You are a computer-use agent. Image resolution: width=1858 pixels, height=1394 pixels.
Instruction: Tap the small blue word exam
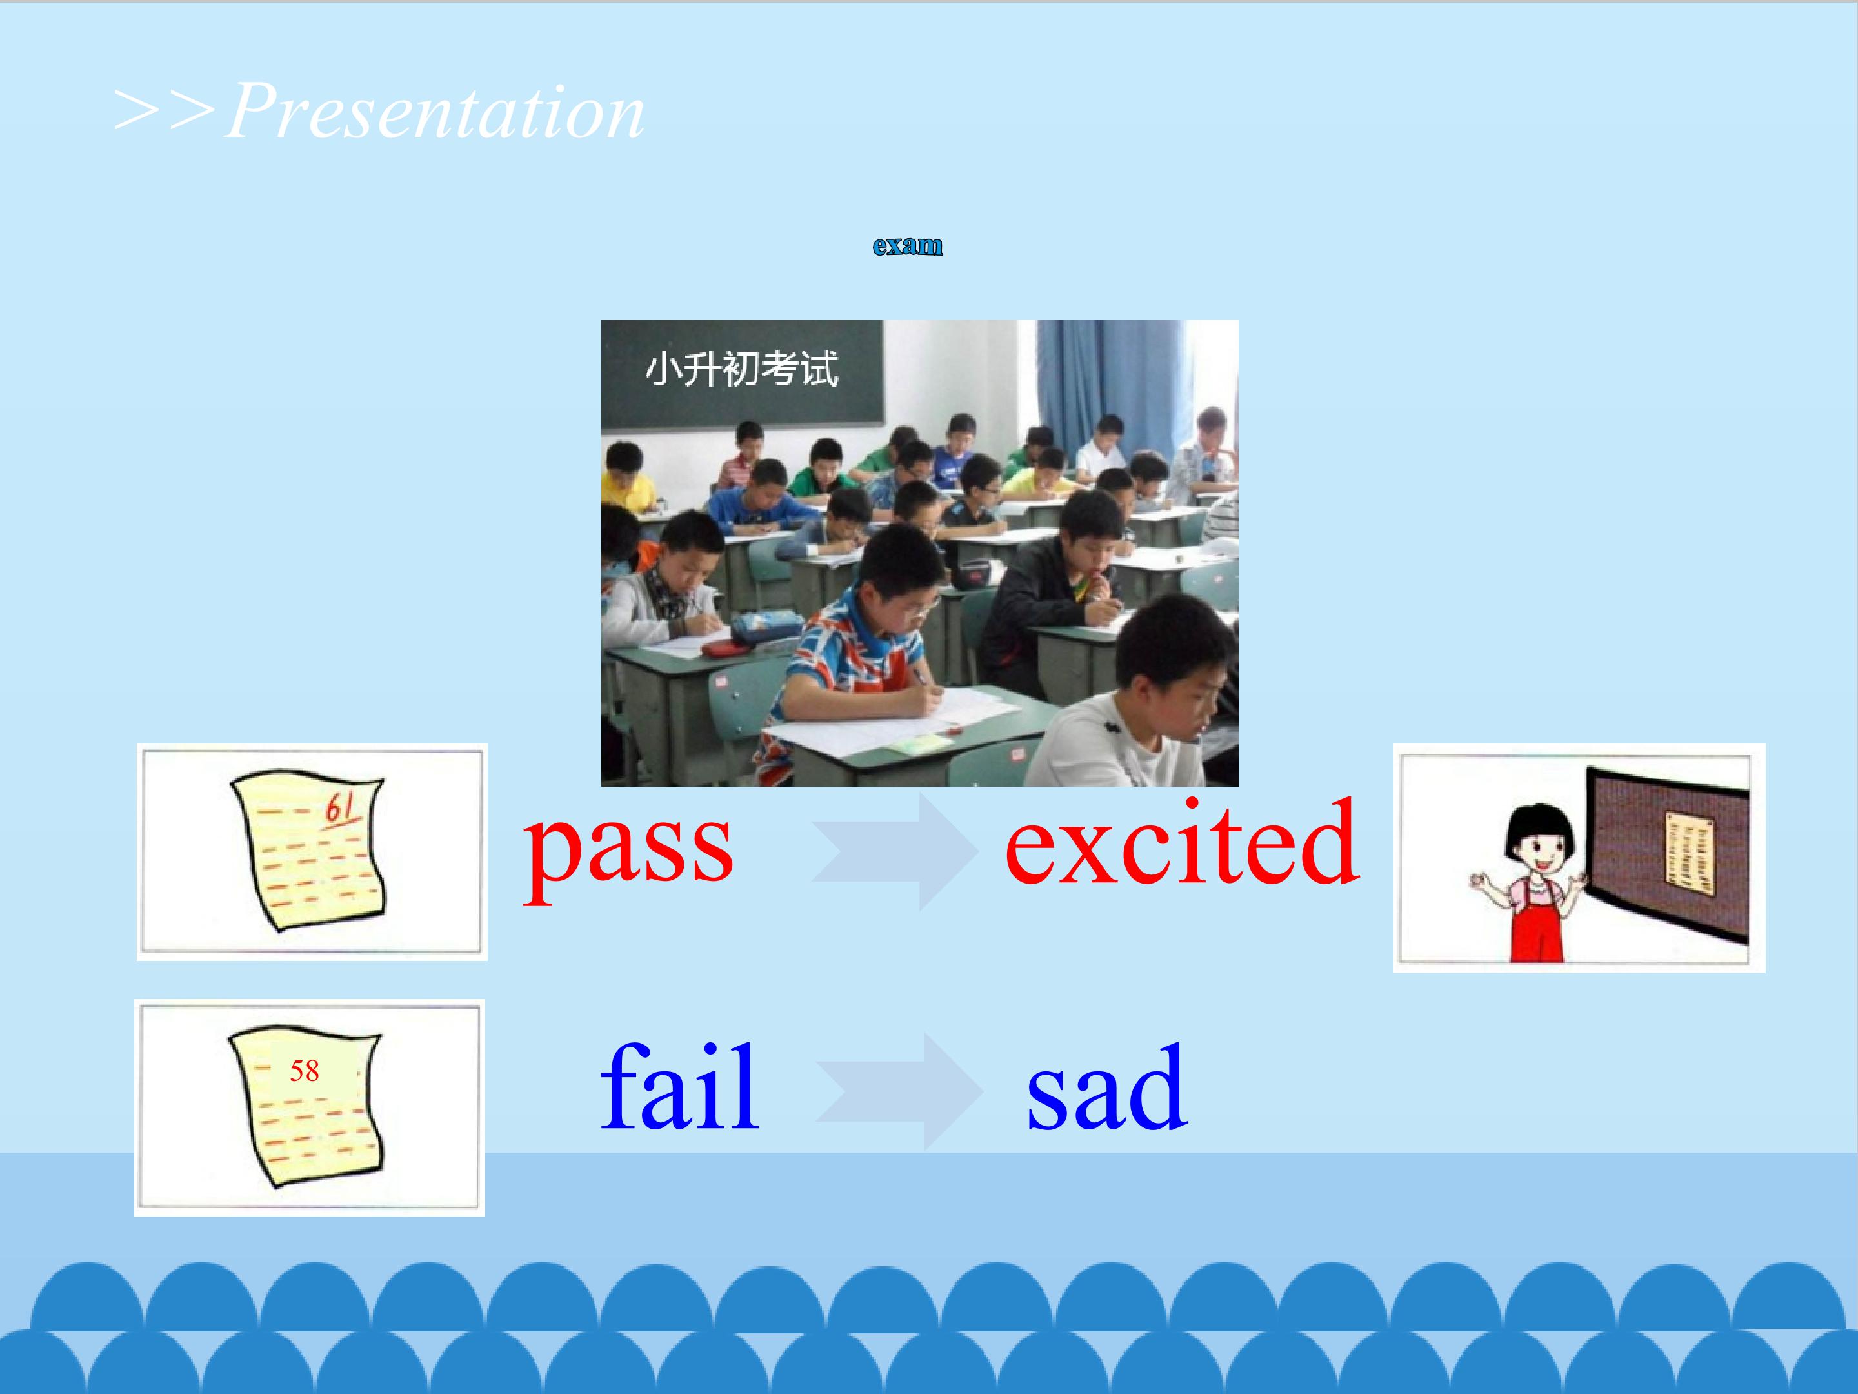[907, 245]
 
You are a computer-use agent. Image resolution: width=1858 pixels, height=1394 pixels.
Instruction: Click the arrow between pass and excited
[895, 851]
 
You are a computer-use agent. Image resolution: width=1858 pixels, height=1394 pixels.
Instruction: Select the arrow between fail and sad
[899, 1091]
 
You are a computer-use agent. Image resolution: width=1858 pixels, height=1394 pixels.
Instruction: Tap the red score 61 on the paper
[340, 809]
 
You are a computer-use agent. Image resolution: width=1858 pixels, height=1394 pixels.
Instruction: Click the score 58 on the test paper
[304, 1071]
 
